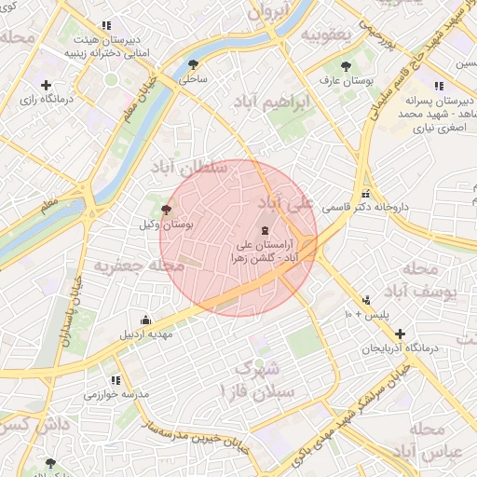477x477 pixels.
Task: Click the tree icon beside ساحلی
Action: click(193, 64)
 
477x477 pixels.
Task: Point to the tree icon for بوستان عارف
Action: click(348, 66)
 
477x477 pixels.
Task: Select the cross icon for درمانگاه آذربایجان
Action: click(400, 333)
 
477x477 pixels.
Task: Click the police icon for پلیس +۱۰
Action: click(366, 301)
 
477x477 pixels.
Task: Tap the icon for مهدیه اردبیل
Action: click(144, 319)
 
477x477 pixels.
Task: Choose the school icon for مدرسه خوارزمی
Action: click(116, 380)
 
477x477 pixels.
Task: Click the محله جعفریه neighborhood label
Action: click(129, 266)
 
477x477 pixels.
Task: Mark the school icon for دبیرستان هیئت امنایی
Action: click(108, 25)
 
